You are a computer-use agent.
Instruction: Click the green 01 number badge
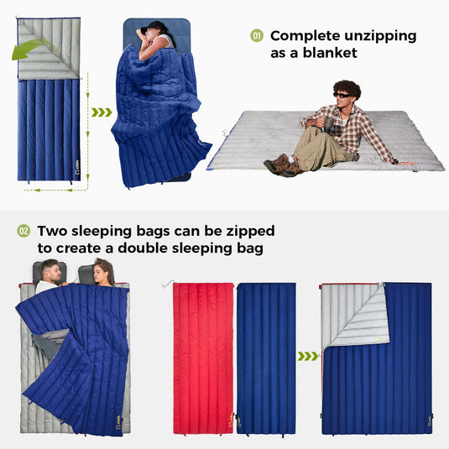(x=258, y=36)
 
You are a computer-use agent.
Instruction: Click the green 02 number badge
(x=23, y=231)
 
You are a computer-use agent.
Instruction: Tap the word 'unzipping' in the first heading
(x=377, y=36)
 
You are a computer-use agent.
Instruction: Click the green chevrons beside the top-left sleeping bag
(x=102, y=112)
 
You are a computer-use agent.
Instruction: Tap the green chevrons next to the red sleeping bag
(x=308, y=356)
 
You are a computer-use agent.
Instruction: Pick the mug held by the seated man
(x=330, y=127)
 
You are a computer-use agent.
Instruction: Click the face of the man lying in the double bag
(x=52, y=273)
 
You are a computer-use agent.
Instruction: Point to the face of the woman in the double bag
(x=103, y=273)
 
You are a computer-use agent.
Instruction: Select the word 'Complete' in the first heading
(x=305, y=36)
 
